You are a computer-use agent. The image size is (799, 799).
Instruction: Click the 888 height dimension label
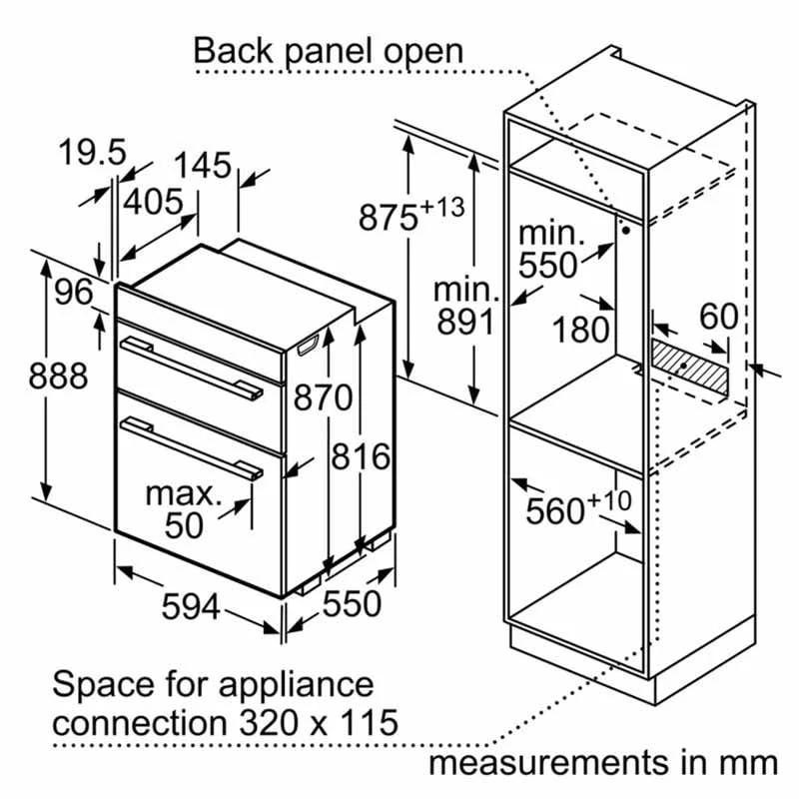(x=58, y=377)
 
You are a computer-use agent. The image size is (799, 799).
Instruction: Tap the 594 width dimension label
(x=190, y=604)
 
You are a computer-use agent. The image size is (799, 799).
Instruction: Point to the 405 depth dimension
(x=154, y=201)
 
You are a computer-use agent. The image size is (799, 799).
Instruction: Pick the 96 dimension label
(x=72, y=294)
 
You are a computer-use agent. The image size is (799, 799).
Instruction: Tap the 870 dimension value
(x=324, y=398)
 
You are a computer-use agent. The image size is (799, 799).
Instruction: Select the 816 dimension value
(x=360, y=456)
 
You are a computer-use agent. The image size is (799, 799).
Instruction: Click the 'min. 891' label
(x=464, y=307)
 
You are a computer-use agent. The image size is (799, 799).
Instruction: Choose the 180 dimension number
(x=581, y=329)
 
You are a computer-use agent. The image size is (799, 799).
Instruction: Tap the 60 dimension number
(x=717, y=317)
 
